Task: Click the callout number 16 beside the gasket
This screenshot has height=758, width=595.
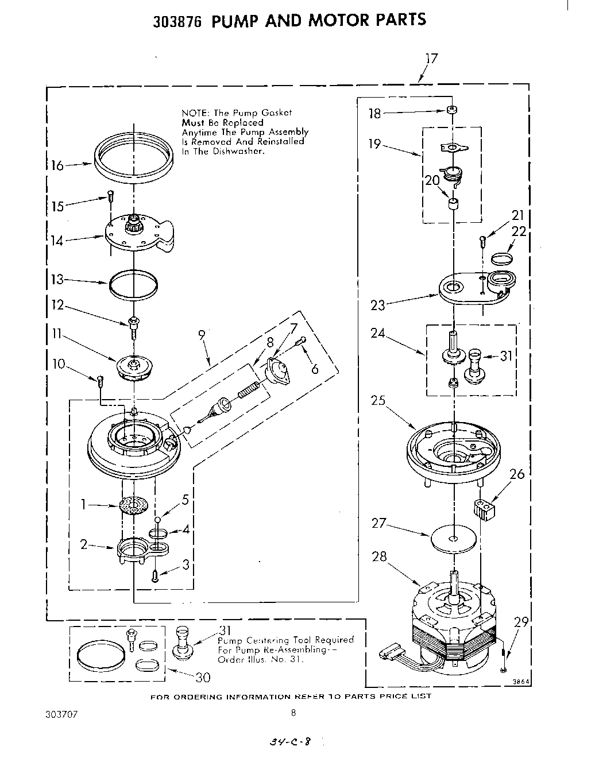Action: (x=57, y=165)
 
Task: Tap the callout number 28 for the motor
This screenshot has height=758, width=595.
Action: (x=380, y=556)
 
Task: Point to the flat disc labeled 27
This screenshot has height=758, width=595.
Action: (x=454, y=539)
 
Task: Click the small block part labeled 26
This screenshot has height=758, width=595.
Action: (x=484, y=510)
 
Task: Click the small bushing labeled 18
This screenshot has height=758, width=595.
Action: (x=453, y=110)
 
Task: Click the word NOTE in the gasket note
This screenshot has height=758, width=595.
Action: (x=193, y=113)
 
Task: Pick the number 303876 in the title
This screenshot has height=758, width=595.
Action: (x=179, y=21)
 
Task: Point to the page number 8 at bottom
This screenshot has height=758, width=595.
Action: (x=293, y=714)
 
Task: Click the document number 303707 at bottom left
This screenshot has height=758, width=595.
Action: (x=60, y=715)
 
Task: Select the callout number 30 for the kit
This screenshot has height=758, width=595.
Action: (x=203, y=678)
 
